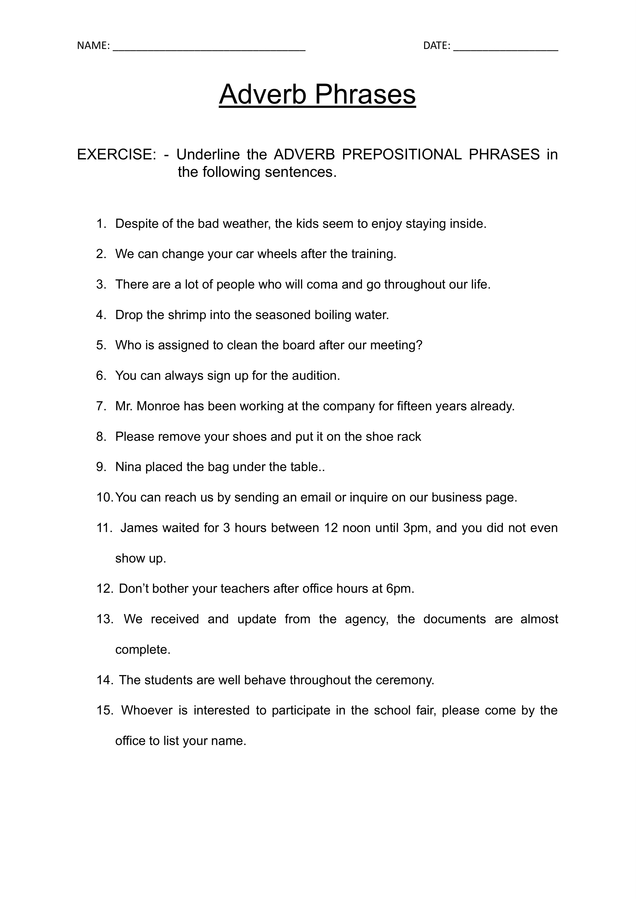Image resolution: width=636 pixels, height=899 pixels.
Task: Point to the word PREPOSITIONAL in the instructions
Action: [x=401, y=155]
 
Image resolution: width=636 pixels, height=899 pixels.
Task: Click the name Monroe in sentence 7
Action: [x=158, y=406]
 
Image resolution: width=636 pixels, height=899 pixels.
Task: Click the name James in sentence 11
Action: [x=139, y=528]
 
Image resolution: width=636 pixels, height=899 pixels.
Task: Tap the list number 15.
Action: [x=105, y=711]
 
